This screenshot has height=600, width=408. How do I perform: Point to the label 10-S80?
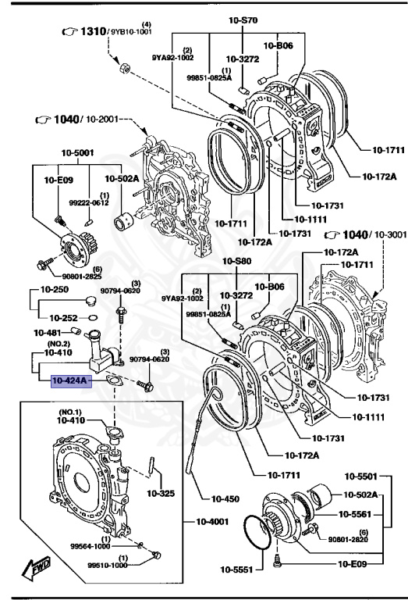pos(238,261)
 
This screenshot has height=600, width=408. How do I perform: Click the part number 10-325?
pos(161,493)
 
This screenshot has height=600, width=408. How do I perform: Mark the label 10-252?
pos(65,318)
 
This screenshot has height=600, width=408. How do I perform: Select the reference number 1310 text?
pos(97,31)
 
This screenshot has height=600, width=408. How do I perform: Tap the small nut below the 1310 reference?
pos(123,70)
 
